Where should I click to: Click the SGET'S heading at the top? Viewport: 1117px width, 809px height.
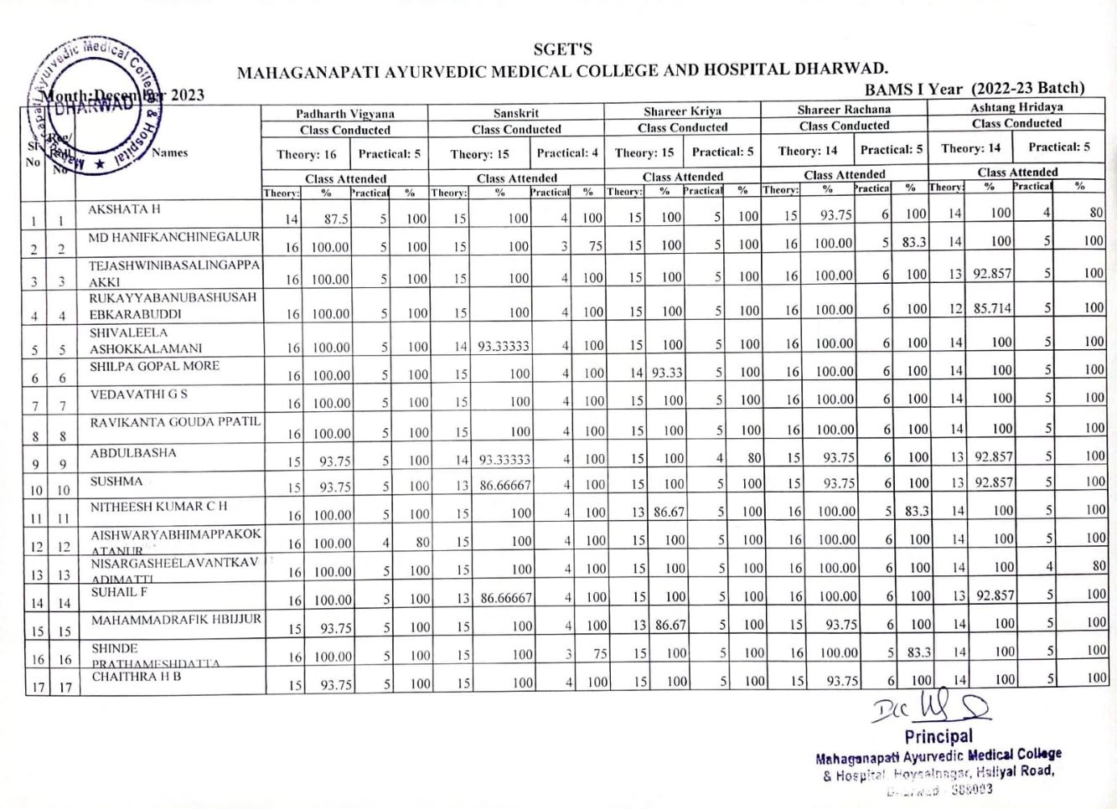tap(562, 49)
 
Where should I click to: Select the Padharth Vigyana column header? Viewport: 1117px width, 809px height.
tap(344, 114)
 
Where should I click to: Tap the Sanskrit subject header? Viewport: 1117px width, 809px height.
tap(515, 113)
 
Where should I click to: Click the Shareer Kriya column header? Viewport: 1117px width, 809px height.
tap(682, 111)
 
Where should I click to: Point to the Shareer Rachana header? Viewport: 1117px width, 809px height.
tap(844, 110)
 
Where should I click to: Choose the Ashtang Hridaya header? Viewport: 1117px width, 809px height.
tap(1016, 107)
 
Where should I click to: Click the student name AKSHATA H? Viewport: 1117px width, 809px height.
tap(124, 209)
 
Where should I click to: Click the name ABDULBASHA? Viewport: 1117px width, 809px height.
tap(133, 453)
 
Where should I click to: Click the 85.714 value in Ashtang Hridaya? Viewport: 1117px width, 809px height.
tap(992, 308)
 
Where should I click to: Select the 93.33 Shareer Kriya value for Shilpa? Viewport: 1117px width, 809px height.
tap(667, 373)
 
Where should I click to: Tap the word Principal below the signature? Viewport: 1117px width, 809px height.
tap(939, 736)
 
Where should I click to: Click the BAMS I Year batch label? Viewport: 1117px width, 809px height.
tap(975, 89)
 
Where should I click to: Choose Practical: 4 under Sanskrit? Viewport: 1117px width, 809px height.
tap(567, 153)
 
